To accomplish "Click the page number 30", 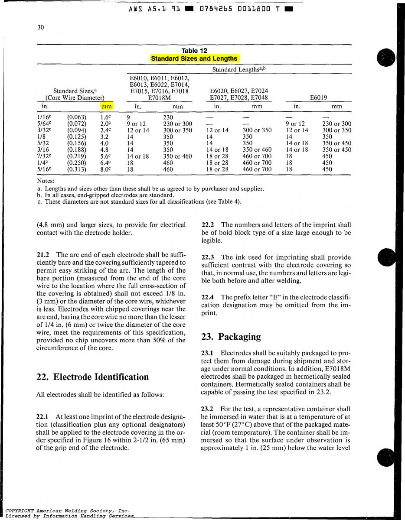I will pyautogui.click(x=41, y=27).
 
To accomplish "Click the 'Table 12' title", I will pyautogui.click(x=194, y=51).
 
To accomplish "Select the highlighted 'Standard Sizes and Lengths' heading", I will pyautogui.click(x=194, y=58).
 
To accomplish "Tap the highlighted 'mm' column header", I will pyautogui.click(x=106, y=106).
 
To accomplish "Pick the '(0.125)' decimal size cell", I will pyautogui.click(x=76, y=136).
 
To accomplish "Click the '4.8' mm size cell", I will pyautogui.click(x=104, y=149).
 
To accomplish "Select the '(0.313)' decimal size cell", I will pyautogui.click(x=76, y=169).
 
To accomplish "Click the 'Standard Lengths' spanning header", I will pyautogui.click(x=238, y=69).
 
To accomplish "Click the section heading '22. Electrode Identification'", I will pyautogui.click(x=92, y=377).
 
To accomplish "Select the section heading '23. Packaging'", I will pyautogui.click(x=231, y=337).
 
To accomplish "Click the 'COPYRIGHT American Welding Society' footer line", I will pyautogui.click(x=65, y=511).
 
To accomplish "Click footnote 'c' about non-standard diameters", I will pyautogui.click(x=143, y=201).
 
